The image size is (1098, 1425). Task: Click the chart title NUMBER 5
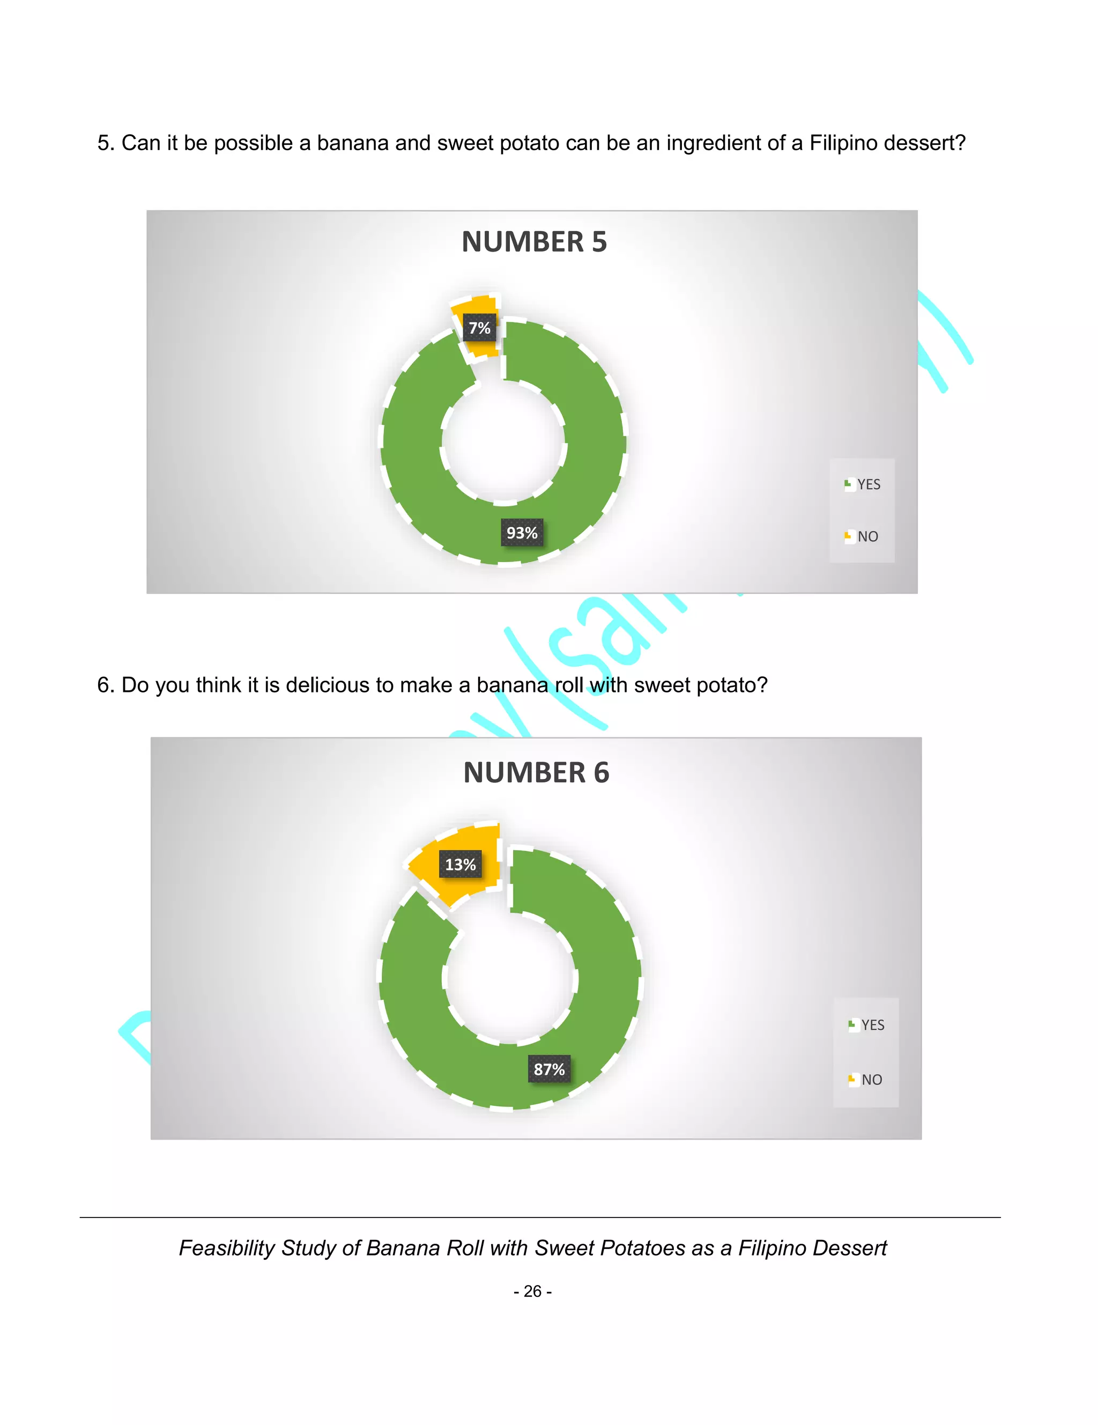click(x=533, y=242)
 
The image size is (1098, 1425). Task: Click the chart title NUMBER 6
click(x=536, y=772)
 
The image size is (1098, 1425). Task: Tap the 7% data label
click(x=479, y=328)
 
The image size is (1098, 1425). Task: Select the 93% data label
click(x=522, y=533)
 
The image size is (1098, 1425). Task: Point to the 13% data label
click(x=460, y=865)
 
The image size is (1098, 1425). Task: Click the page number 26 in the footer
click(x=532, y=1291)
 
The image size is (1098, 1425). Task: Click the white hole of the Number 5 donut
click(x=503, y=443)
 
